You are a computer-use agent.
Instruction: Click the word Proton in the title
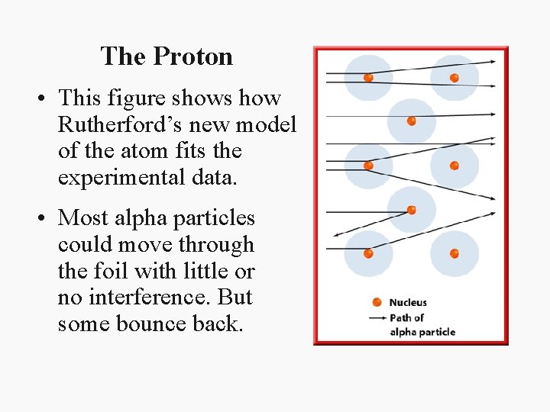(x=193, y=56)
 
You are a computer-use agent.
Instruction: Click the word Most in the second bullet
(x=83, y=218)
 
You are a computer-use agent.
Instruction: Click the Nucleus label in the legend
(x=408, y=303)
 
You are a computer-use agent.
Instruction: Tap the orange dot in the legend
(x=376, y=303)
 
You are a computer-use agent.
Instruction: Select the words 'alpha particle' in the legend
(x=422, y=332)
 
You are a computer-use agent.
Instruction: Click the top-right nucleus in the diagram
(x=454, y=77)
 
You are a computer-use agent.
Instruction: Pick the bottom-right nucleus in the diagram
(x=454, y=253)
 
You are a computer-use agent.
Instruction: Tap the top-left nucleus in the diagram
(x=368, y=77)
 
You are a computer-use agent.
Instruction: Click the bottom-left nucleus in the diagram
(x=368, y=253)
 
